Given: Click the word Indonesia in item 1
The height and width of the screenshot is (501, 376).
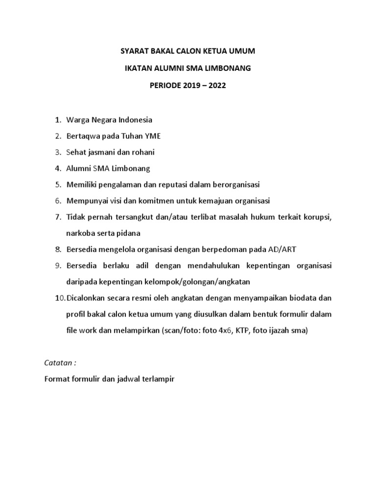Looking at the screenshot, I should [x=136, y=120].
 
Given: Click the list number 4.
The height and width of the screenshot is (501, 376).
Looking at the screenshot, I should [x=58, y=168].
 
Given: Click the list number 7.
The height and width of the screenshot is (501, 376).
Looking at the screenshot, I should [x=58, y=217].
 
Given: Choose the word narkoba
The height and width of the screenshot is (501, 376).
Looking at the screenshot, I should [x=79, y=233].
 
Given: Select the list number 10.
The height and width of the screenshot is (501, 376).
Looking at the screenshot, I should [x=59, y=298].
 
